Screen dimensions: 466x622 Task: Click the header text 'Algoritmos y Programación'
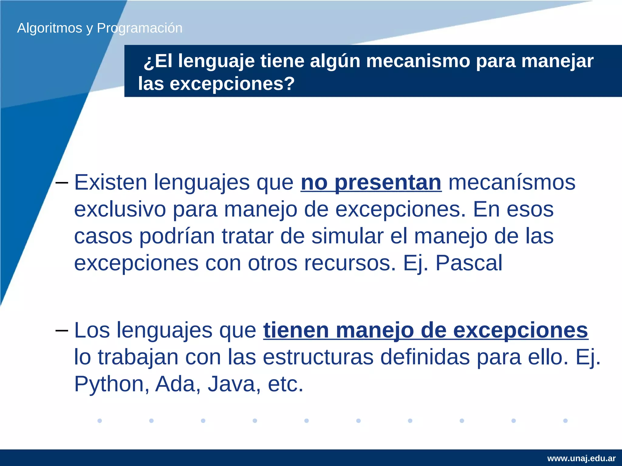[100, 28]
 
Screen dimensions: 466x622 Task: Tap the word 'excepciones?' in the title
[232, 84]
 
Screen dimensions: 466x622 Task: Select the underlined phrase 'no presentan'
[371, 183]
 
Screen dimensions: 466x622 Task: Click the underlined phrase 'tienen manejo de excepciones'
[425, 330]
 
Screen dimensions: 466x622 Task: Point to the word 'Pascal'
[469, 263]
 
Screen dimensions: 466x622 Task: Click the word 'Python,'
[111, 384]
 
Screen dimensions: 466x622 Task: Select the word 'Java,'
[234, 384]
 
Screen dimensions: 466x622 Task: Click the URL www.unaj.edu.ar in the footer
[581, 458]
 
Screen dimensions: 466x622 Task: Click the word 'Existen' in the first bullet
[111, 183]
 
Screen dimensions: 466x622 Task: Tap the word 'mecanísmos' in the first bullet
[512, 183]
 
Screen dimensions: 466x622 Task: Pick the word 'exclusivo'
[120, 210]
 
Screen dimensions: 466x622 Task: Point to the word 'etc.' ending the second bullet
[285, 384]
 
